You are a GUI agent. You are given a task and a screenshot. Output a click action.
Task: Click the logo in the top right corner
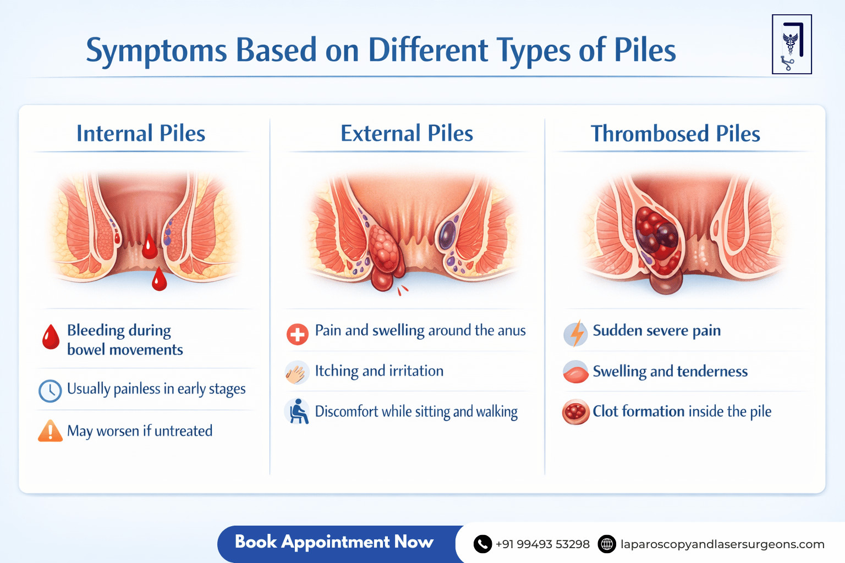pyautogui.click(x=792, y=45)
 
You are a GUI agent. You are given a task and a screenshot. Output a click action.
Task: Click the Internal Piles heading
pyautogui.click(x=141, y=134)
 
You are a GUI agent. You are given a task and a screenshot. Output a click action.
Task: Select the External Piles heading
pyautogui.click(x=407, y=134)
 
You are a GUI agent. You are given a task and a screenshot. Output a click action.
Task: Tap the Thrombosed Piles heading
pyautogui.click(x=675, y=134)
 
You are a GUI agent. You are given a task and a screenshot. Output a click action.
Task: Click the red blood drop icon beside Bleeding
pyautogui.click(x=51, y=337)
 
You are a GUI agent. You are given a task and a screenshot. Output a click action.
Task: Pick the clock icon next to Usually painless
pyautogui.click(x=50, y=391)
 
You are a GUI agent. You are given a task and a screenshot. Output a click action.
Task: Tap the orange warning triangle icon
pyautogui.click(x=50, y=432)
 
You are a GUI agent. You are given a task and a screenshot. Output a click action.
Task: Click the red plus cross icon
pyautogui.click(x=298, y=334)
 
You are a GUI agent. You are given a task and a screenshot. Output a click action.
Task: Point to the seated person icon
pyautogui.click(x=298, y=412)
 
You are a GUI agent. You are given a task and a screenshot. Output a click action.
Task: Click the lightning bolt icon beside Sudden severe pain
pyautogui.click(x=576, y=333)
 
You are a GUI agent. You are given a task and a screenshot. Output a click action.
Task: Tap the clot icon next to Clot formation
pyautogui.click(x=575, y=412)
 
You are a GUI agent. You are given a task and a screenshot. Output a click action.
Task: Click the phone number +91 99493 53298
pyautogui.click(x=542, y=544)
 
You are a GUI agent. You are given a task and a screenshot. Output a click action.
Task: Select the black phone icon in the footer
pyautogui.click(x=482, y=544)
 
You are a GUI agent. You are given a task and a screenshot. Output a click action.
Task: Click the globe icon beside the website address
pyautogui.click(x=607, y=544)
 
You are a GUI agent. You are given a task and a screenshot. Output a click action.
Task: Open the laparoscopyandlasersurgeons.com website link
pyautogui.click(x=722, y=544)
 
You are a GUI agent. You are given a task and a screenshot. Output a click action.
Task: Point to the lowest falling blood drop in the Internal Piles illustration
pyautogui.click(x=159, y=280)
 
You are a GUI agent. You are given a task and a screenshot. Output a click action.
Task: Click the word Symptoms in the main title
pyautogui.click(x=156, y=51)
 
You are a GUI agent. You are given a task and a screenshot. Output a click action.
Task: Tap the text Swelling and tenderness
pyautogui.click(x=670, y=372)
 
